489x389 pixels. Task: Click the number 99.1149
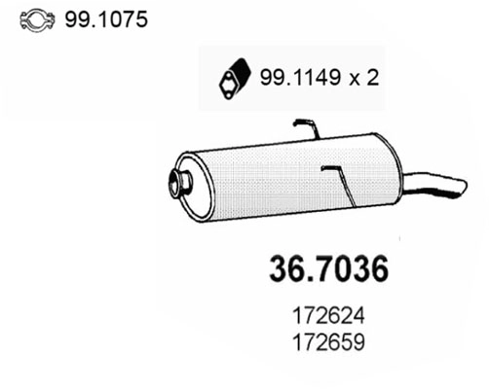[x=296, y=78]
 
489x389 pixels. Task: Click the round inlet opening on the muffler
[x=179, y=181]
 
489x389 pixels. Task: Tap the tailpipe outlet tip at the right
[x=452, y=185]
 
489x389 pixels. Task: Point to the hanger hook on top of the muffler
[x=305, y=126]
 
